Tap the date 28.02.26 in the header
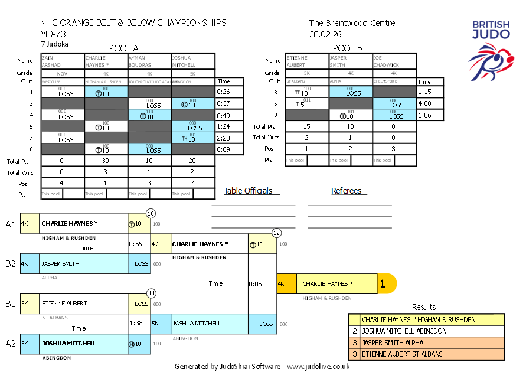[x=322, y=34]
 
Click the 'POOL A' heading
[x=124, y=48]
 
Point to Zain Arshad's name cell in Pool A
[x=62, y=61]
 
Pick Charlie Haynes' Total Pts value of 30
[x=106, y=160]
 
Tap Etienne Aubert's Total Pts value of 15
[x=306, y=126]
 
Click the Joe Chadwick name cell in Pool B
[x=394, y=61]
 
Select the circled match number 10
[x=151, y=213]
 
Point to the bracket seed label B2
[x=11, y=264]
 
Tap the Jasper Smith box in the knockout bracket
[x=74, y=264]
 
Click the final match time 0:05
[x=256, y=284]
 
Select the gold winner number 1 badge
[x=383, y=284]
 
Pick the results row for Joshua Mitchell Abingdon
[x=427, y=331]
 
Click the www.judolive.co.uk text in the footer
[x=318, y=366]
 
